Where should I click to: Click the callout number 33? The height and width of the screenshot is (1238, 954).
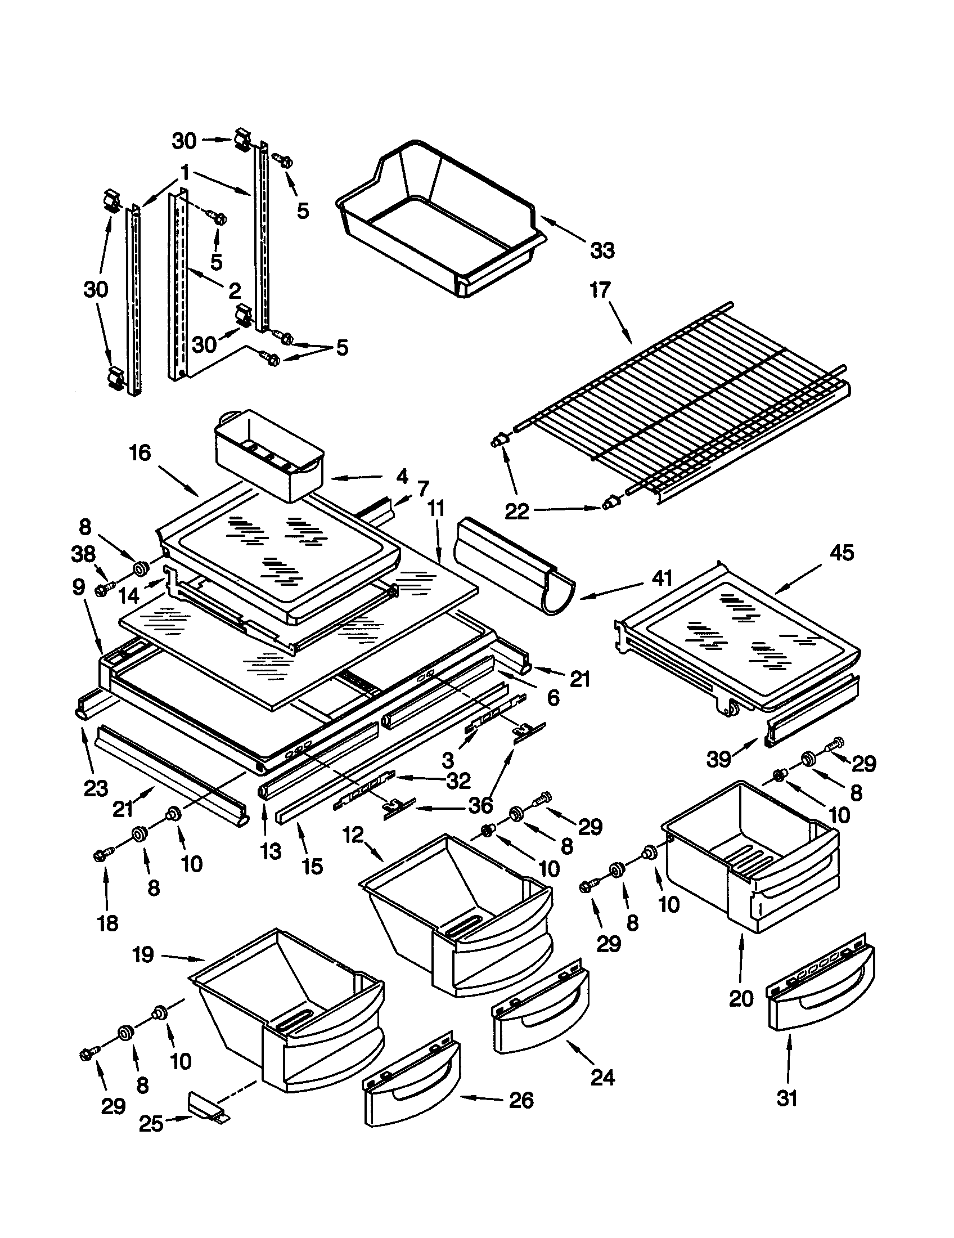(x=602, y=250)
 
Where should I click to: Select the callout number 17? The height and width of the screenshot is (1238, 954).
(x=600, y=290)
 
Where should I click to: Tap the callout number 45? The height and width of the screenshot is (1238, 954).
(x=841, y=553)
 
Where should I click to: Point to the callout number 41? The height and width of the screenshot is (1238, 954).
(x=661, y=578)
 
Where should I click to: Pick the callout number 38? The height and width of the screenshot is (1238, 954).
(x=83, y=554)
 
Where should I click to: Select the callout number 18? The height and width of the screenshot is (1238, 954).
(x=107, y=923)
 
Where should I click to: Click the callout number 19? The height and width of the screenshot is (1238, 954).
(x=143, y=955)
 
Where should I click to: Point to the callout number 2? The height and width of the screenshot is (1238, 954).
(x=235, y=291)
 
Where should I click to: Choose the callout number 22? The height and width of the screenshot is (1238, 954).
(x=516, y=512)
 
